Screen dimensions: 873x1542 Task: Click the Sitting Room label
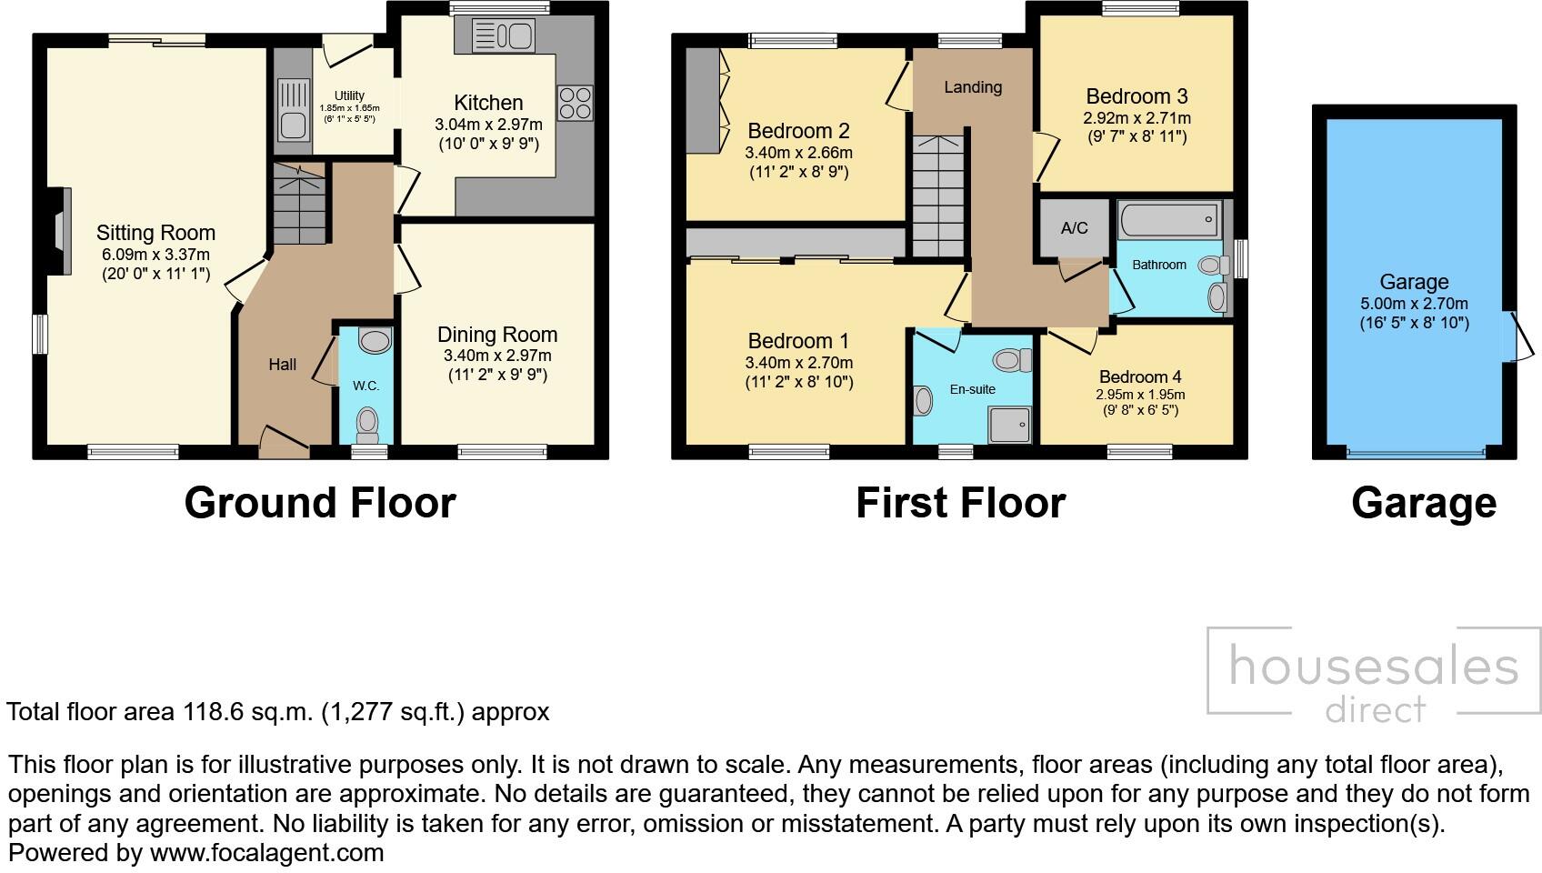point(155,233)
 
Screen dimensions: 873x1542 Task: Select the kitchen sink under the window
point(503,37)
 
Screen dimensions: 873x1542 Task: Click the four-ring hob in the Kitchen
point(575,103)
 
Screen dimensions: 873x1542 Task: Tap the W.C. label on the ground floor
point(365,386)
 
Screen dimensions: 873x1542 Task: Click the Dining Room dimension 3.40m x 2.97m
point(497,356)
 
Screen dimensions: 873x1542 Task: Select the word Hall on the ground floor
point(282,365)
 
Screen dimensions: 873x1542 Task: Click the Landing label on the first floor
point(972,87)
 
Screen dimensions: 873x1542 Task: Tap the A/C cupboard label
point(1074,227)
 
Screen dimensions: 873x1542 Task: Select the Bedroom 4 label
point(1139,376)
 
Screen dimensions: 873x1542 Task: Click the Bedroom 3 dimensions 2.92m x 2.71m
point(1136,118)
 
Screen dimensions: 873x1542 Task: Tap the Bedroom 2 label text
point(798,131)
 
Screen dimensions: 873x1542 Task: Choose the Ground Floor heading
point(319,503)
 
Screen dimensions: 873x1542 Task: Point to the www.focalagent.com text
point(266,853)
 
